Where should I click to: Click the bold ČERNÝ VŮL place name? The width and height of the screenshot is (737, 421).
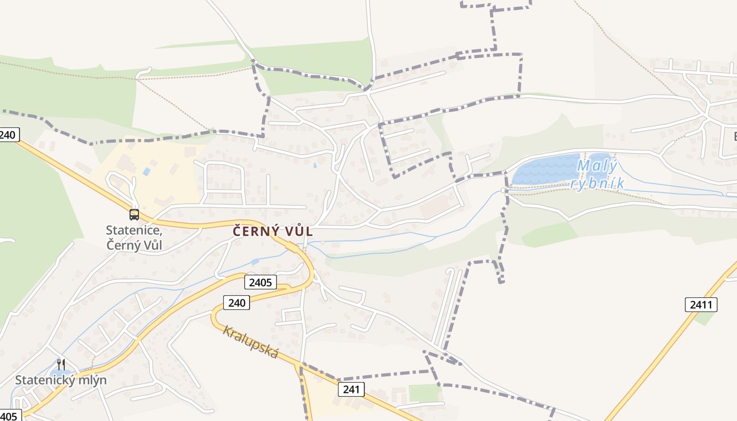[x=273, y=231]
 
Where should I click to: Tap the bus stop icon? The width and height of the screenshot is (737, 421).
[x=134, y=214]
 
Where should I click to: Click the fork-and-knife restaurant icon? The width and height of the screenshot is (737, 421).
[x=61, y=364]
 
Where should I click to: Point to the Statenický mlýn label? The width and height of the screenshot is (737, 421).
[x=61, y=380]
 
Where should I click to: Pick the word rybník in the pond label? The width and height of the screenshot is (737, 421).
[x=597, y=183]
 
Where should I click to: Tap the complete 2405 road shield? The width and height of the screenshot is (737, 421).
[x=260, y=283]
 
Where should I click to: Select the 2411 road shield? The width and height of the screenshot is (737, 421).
[x=701, y=304]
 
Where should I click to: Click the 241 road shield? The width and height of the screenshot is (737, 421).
[x=351, y=389]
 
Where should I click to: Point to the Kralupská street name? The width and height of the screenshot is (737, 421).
[x=250, y=342]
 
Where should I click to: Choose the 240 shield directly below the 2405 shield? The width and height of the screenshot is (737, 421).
[x=236, y=303]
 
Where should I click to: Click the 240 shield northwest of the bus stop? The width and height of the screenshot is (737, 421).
[x=8, y=135]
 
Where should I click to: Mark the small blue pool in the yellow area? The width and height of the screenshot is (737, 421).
[x=146, y=172]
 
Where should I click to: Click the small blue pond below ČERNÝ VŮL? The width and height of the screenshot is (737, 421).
[x=255, y=262]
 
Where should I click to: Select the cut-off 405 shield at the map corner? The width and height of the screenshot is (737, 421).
[x=9, y=416]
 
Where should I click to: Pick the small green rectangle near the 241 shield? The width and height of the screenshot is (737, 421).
[x=424, y=393]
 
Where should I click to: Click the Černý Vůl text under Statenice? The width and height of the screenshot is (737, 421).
[x=134, y=245]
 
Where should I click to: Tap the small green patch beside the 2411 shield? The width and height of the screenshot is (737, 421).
[x=703, y=318]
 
